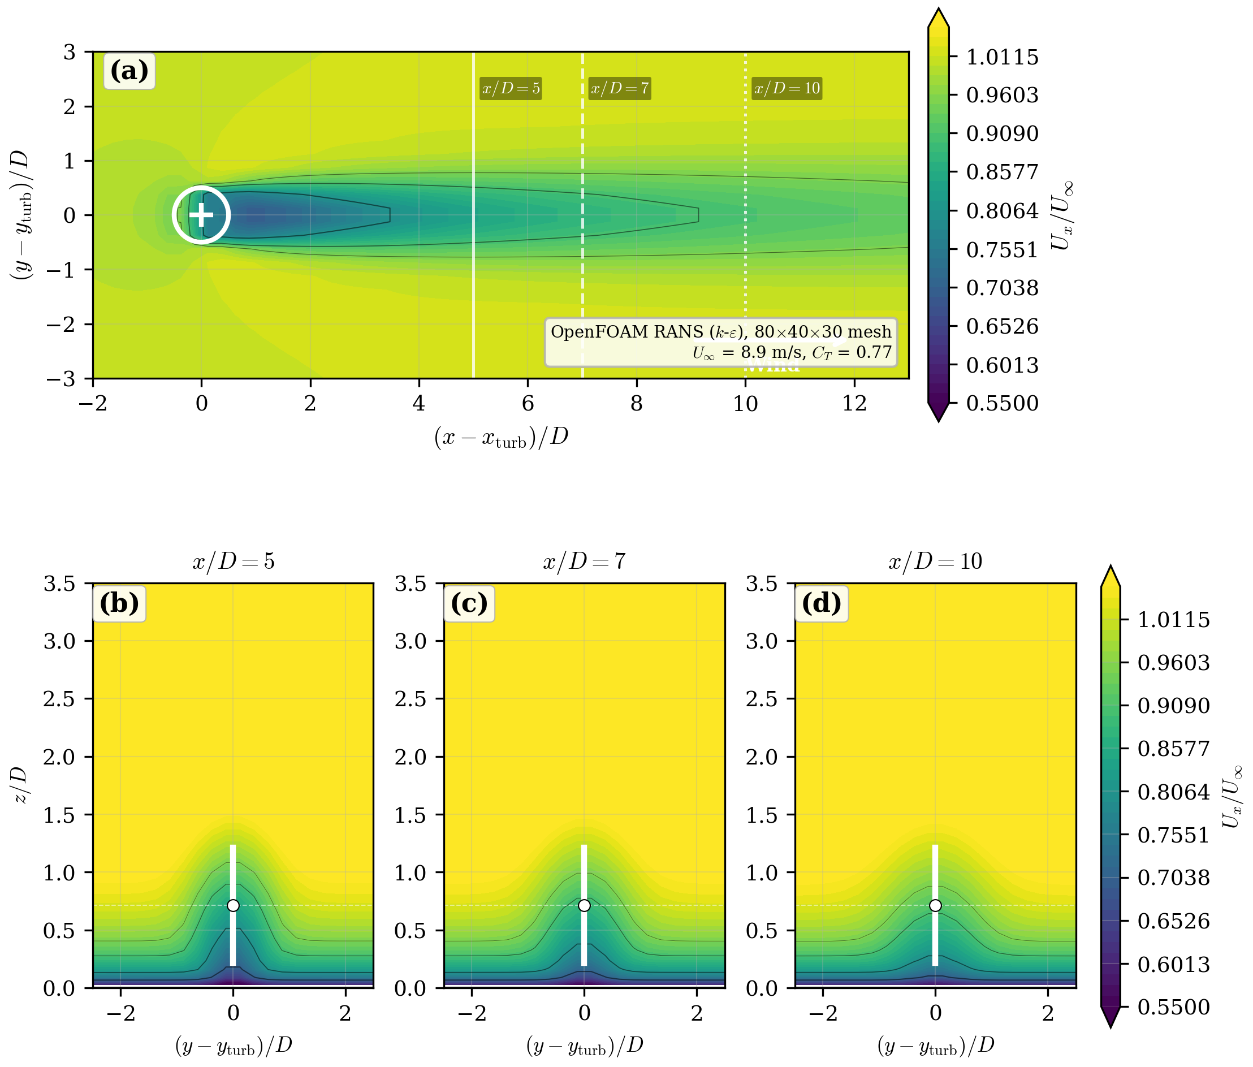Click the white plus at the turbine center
pyautogui.click(x=201, y=215)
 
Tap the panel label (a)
pyautogui.click(x=129, y=71)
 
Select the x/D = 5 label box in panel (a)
pyautogui.click(x=511, y=88)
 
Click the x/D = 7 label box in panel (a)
pyautogui.click(x=619, y=88)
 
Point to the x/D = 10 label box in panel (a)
pyautogui.click(x=786, y=88)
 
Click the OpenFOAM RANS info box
pyautogui.click(x=721, y=342)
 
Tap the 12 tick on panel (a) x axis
pyautogui.click(x=854, y=403)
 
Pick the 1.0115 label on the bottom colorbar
pyautogui.click(x=1173, y=620)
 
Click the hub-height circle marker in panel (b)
pyautogui.click(x=233, y=905)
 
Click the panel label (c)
pyautogui.click(x=469, y=604)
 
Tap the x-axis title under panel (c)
pyautogui.click(x=584, y=1046)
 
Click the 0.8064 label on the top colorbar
pyautogui.click(x=1002, y=211)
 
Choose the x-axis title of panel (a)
pyautogui.click(x=501, y=437)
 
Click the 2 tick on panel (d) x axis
pyautogui.click(x=1047, y=1013)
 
